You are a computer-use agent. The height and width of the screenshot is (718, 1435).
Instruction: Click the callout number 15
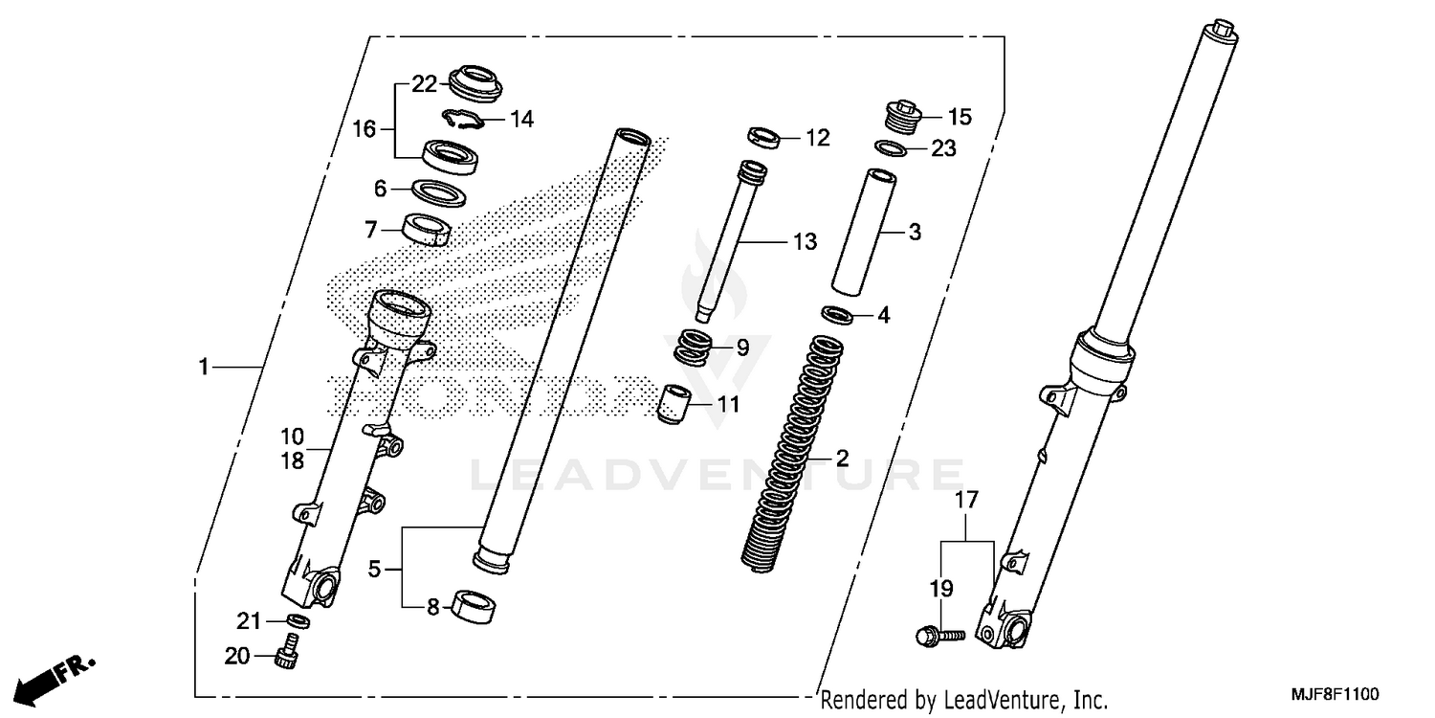coord(960,117)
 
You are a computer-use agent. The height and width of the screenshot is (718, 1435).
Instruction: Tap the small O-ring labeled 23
coord(892,148)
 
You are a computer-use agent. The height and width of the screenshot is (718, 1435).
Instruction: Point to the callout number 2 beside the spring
coord(842,458)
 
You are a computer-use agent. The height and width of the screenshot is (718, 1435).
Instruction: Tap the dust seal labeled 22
coord(475,80)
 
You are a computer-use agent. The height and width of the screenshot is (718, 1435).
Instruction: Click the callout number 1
coord(203,367)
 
